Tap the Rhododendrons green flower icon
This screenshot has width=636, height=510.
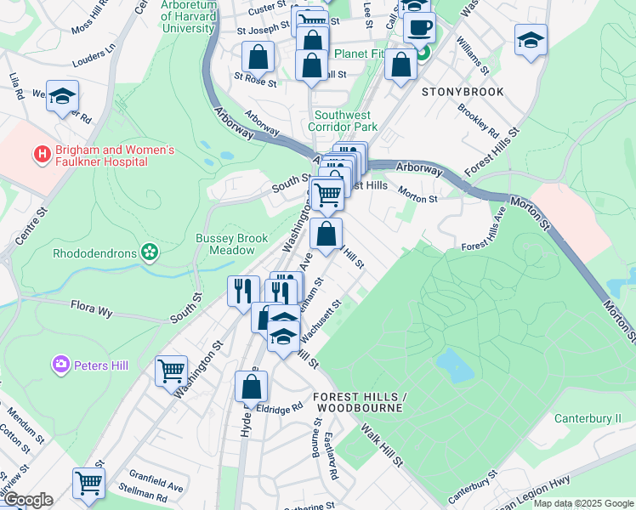(150, 251)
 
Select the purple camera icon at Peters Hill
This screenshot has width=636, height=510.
(60, 365)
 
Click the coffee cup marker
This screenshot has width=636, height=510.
(418, 29)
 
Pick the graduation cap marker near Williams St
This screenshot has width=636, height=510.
(531, 41)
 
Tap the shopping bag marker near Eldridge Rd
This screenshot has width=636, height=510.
(252, 387)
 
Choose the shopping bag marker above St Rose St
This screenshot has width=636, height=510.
(258, 58)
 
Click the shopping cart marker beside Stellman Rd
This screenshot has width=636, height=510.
(88, 483)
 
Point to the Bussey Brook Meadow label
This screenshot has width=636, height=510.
(231, 244)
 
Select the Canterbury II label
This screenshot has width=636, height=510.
(588, 418)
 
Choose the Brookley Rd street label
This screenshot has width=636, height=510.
(478, 121)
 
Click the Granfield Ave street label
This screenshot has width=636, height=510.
(156, 481)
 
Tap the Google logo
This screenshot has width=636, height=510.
(28, 500)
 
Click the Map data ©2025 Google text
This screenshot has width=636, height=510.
(583, 503)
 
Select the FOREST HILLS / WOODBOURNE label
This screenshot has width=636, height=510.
(357, 402)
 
